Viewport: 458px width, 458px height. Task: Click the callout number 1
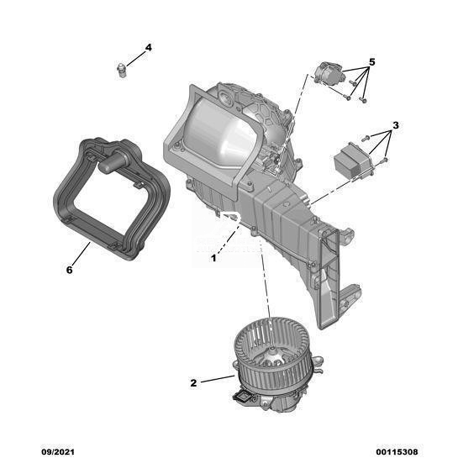coord(213,258)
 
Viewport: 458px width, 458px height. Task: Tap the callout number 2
coord(193,383)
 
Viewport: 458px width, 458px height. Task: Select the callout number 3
coord(395,125)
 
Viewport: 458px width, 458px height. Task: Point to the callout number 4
coord(149,47)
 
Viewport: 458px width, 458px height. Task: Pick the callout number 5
coord(371,62)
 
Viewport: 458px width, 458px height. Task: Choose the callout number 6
coord(69,270)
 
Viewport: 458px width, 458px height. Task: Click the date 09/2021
coord(57,452)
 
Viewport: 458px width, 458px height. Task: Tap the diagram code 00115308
coord(397,452)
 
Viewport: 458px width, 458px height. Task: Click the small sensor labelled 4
coord(120,70)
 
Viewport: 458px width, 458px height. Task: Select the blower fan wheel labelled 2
coord(271,354)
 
